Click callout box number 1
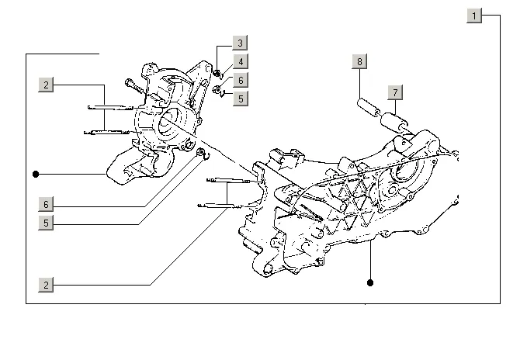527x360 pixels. point(474,16)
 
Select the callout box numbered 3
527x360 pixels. point(241,43)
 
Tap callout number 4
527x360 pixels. point(241,61)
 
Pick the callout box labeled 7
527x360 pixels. point(395,92)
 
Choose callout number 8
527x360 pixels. point(359,61)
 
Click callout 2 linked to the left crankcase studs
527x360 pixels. point(46,85)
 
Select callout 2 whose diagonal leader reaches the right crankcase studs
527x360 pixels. point(46,285)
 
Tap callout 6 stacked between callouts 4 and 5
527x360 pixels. point(241,80)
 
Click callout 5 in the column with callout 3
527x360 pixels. point(241,99)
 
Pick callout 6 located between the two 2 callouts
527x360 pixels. point(46,204)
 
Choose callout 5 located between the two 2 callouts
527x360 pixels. point(46,223)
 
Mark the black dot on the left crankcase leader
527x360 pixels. point(36,174)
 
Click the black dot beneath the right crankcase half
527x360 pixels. point(370,282)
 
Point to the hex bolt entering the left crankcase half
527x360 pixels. point(134,86)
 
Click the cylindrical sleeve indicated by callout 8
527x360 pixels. point(369,107)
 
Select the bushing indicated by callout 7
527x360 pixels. point(394,123)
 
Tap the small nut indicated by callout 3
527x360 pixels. point(217,72)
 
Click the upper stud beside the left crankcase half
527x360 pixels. point(110,108)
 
